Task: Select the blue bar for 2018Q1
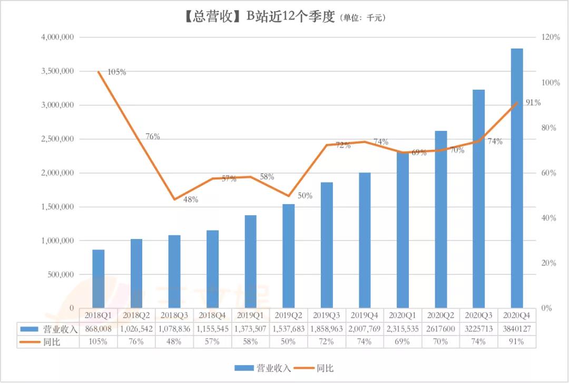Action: click(x=98, y=279)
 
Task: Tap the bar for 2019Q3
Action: click(x=327, y=245)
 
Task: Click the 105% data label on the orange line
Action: click(x=116, y=72)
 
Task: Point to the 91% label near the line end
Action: click(x=532, y=103)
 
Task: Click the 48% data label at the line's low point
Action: click(x=190, y=199)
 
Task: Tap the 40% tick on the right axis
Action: click(x=547, y=218)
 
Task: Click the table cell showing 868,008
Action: click(x=99, y=329)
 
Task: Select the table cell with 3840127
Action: click(x=516, y=329)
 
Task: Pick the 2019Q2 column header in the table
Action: click(x=288, y=315)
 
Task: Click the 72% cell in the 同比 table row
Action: click(x=326, y=341)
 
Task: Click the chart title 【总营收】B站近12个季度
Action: click(x=258, y=17)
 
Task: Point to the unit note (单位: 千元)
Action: click(x=364, y=18)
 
